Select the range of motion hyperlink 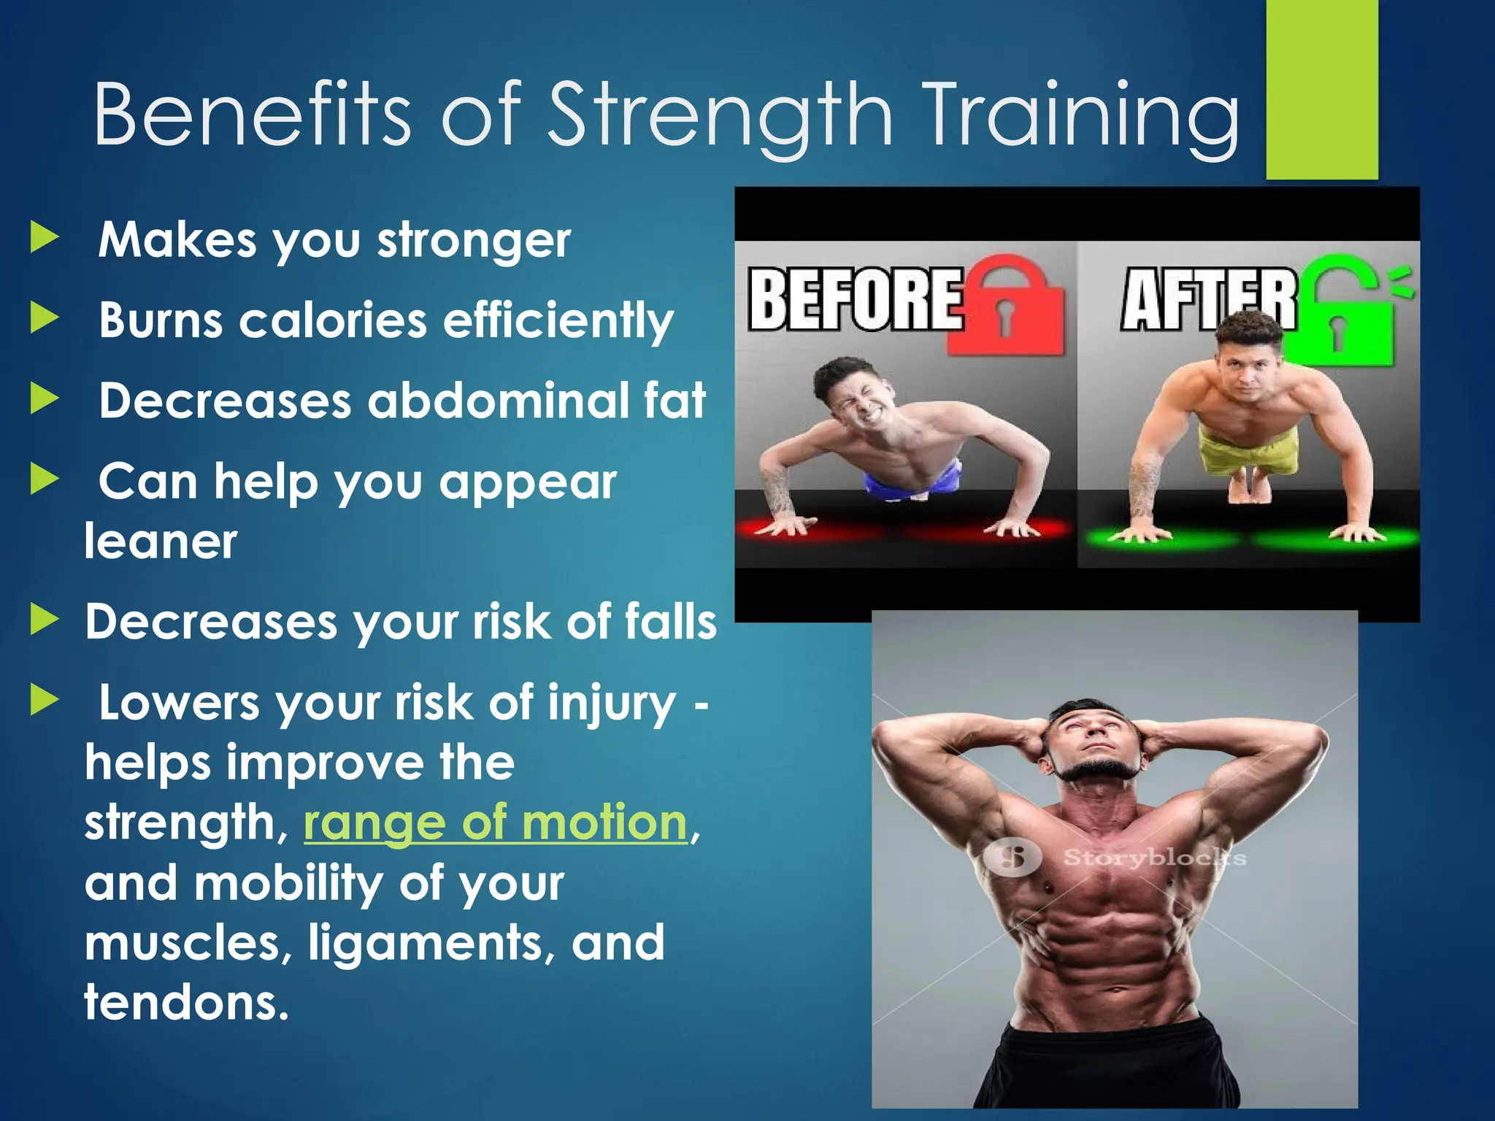point(496,823)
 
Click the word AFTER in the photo point(1208,299)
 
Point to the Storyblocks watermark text point(1153,857)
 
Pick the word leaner point(161,542)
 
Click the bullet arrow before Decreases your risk point(45,620)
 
